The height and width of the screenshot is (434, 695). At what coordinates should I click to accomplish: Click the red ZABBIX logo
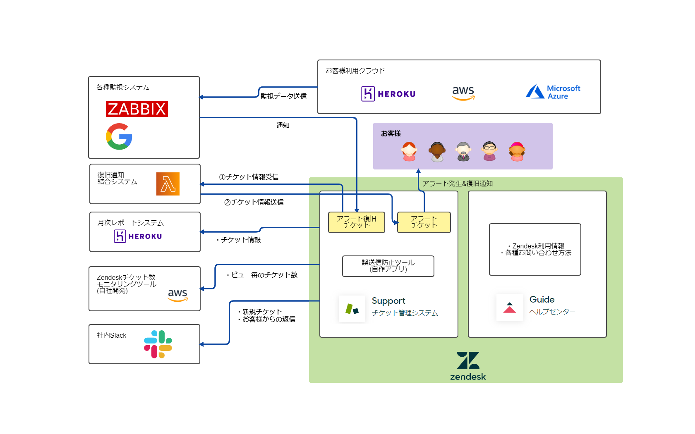[137, 109]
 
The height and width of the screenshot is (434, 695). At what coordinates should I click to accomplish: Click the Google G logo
[119, 136]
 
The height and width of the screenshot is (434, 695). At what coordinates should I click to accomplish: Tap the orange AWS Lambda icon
[168, 184]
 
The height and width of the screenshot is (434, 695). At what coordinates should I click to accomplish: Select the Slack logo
[158, 344]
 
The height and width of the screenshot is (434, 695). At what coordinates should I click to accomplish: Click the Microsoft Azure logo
[553, 92]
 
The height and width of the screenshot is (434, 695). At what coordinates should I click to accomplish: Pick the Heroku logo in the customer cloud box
[388, 94]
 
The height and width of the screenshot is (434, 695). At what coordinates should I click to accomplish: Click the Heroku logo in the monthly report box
[138, 236]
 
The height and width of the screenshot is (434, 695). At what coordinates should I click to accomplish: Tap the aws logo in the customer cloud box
[463, 93]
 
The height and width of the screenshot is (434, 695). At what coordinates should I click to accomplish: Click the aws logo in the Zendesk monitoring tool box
[177, 295]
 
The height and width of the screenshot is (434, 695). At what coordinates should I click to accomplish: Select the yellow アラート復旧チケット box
[356, 222]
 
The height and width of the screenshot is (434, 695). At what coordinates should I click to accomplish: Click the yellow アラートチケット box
[424, 222]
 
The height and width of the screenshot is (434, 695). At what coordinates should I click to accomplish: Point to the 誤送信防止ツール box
[388, 266]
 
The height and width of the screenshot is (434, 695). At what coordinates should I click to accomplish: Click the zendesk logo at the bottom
[468, 366]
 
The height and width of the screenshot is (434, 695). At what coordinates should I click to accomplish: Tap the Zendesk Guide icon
[509, 308]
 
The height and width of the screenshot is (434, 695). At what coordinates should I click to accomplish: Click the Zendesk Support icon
[352, 309]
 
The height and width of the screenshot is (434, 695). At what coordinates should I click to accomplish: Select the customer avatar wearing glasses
[489, 151]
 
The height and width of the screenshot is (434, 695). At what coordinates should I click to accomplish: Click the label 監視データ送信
[283, 96]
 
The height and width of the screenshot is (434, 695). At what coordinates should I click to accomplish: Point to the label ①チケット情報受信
[249, 177]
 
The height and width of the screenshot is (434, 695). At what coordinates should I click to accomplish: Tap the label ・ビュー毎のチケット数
[261, 275]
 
